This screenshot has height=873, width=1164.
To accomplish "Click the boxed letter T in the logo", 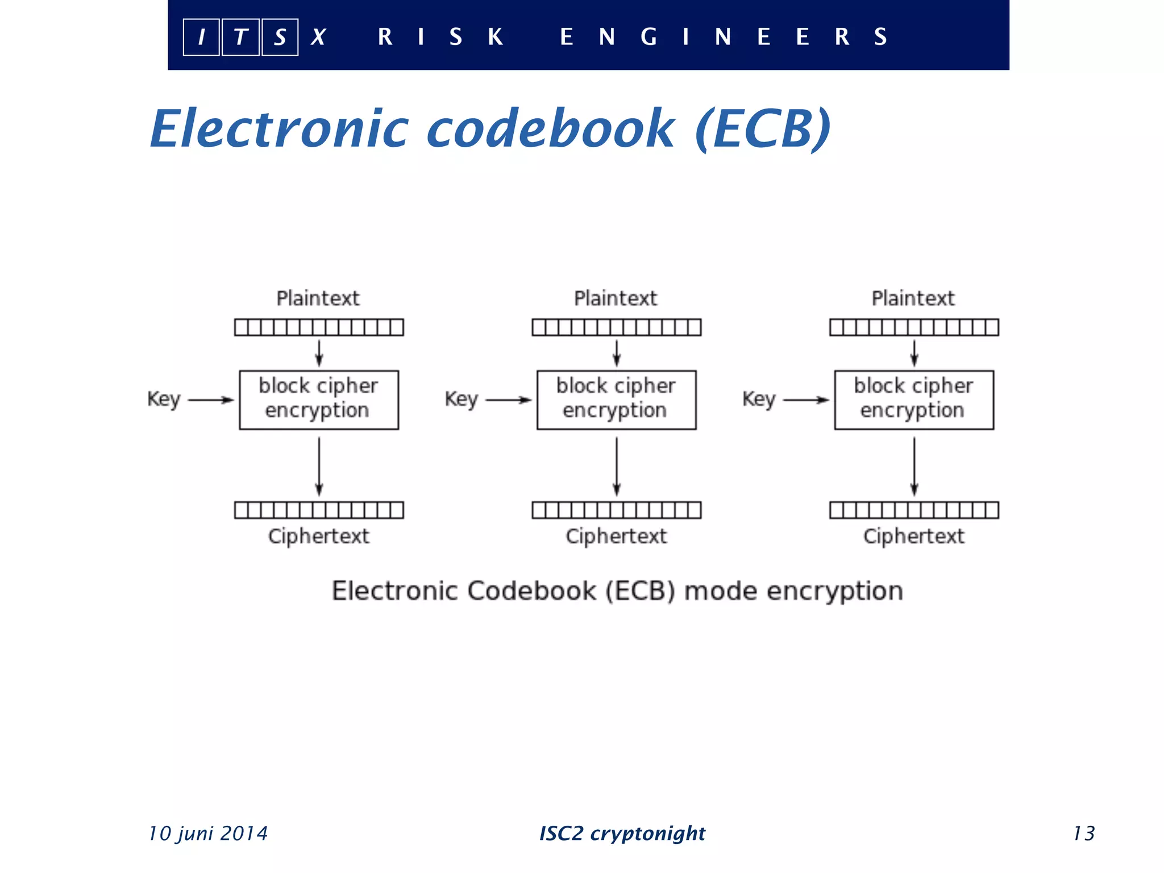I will click(240, 38).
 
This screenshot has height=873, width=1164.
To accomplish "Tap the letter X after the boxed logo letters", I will click(318, 38).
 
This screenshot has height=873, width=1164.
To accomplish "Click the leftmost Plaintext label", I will click(318, 298).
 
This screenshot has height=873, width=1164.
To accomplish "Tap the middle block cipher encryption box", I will click(616, 400).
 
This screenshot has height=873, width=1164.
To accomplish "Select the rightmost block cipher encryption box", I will click(913, 400).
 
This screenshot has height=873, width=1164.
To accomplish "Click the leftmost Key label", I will click(164, 399).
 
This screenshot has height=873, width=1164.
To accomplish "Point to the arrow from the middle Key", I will click(508, 400).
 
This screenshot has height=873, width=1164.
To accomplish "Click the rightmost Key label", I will click(759, 399).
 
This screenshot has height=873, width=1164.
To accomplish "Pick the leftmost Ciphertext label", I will click(318, 536).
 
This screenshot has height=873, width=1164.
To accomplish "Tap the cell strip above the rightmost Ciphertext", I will click(913, 510).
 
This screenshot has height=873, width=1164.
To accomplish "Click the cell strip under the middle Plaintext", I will click(616, 327).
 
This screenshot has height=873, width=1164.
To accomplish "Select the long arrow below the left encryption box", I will click(319, 466).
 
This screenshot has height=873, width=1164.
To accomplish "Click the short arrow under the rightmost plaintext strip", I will click(914, 353).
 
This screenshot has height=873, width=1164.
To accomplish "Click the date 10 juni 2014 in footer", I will click(208, 833).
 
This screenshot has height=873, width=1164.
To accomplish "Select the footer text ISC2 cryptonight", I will click(622, 833).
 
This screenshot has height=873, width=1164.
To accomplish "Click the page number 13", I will click(1083, 833).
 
